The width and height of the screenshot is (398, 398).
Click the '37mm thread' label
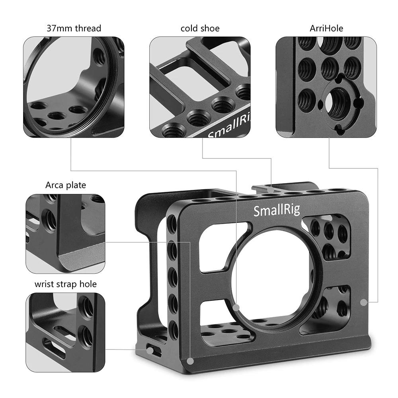tap(74, 28)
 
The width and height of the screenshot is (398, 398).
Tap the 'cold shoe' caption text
tap(200, 28)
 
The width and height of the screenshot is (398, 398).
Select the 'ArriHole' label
tap(326, 28)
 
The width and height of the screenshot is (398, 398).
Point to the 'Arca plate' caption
tap(66, 185)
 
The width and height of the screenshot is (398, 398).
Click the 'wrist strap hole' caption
tap(66, 284)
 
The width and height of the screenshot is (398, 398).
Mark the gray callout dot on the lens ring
tap(236, 307)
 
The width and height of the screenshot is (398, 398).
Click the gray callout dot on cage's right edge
tap(363, 302)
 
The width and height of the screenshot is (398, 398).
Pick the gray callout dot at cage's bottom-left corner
tap(190, 361)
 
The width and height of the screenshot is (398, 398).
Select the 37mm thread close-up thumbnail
tap(74, 87)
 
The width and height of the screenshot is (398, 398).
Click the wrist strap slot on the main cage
tap(152, 349)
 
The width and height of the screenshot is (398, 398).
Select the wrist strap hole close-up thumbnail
tap(66, 333)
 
